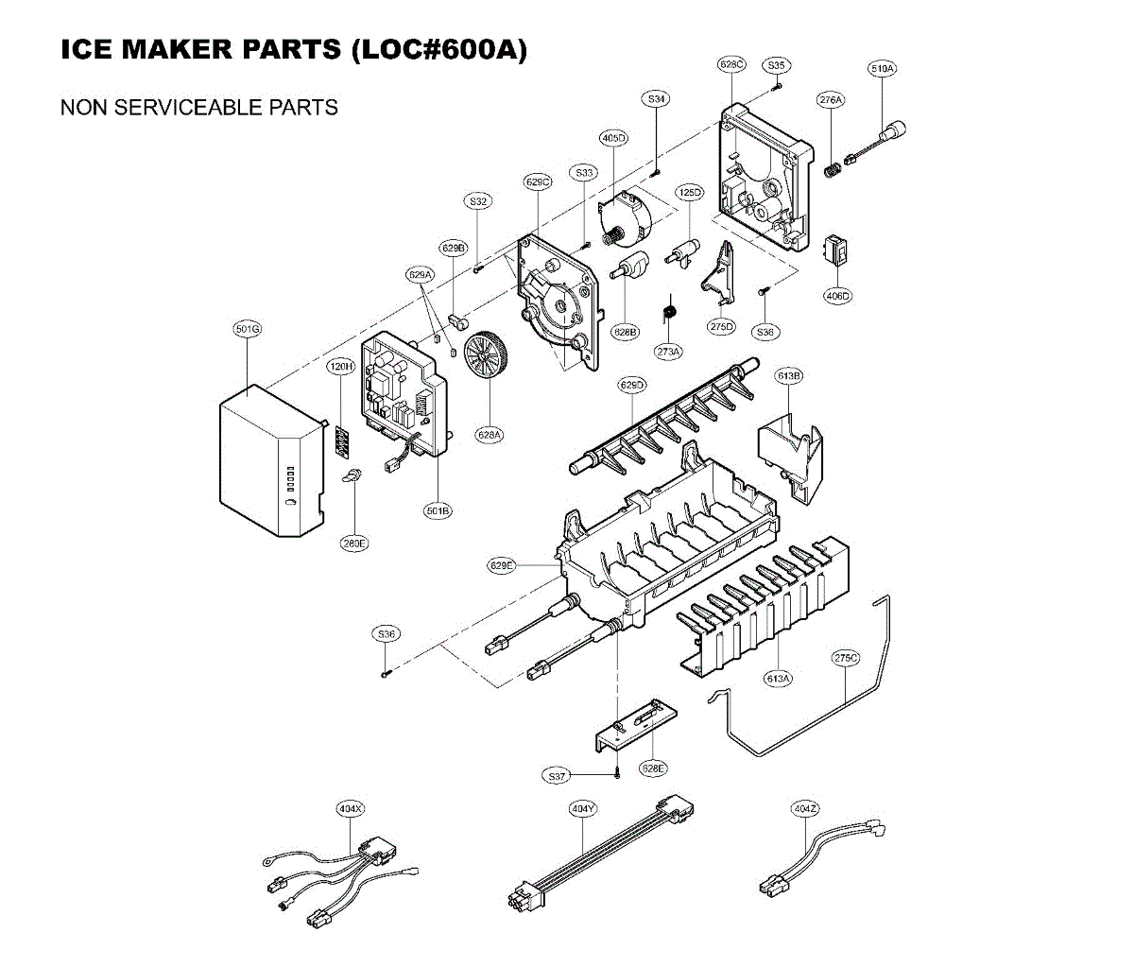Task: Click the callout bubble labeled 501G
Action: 248,329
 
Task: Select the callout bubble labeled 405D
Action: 613,138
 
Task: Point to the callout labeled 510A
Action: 883,68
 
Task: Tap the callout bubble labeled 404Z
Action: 805,809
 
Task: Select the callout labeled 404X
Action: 351,809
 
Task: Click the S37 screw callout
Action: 558,776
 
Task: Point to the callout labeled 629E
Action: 502,566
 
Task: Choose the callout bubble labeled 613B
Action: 789,376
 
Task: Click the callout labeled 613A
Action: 779,679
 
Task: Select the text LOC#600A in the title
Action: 438,49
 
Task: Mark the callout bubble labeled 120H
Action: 340,367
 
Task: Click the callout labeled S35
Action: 776,65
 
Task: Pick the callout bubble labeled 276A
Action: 831,100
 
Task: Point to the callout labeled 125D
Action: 690,193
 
